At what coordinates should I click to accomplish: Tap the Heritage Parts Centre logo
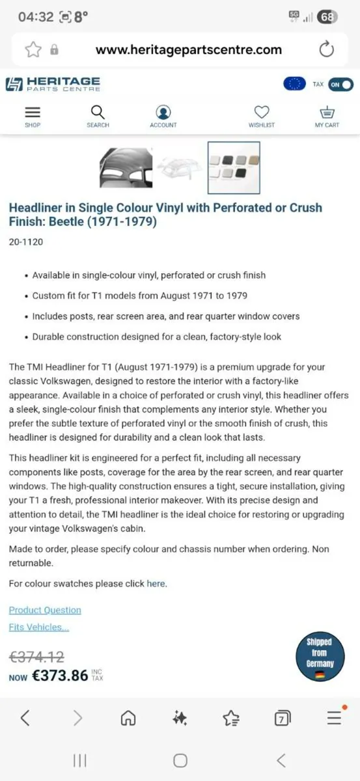click(x=53, y=84)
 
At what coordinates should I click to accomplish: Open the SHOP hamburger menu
click(x=33, y=112)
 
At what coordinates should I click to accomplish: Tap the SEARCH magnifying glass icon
click(x=98, y=112)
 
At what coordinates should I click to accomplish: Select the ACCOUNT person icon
click(x=163, y=112)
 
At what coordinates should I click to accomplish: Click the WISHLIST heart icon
click(x=262, y=112)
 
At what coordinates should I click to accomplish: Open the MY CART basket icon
click(x=327, y=112)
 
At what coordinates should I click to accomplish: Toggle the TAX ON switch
click(x=340, y=84)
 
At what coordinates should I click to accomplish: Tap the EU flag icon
click(x=294, y=84)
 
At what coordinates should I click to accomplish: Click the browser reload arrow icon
click(x=327, y=49)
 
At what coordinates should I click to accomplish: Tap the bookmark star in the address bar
click(x=33, y=49)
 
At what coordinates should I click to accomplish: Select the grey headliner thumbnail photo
click(x=126, y=167)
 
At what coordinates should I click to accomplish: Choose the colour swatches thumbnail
click(x=234, y=167)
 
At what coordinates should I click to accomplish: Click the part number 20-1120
click(x=27, y=242)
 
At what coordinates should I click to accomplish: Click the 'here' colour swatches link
click(x=156, y=583)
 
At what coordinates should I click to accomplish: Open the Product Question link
click(x=45, y=610)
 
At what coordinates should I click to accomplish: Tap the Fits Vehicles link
click(x=38, y=627)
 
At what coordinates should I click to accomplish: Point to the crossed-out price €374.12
click(x=36, y=657)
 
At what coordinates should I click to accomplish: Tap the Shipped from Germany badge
click(x=319, y=657)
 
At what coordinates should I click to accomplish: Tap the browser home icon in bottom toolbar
click(x=128, y=717)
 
